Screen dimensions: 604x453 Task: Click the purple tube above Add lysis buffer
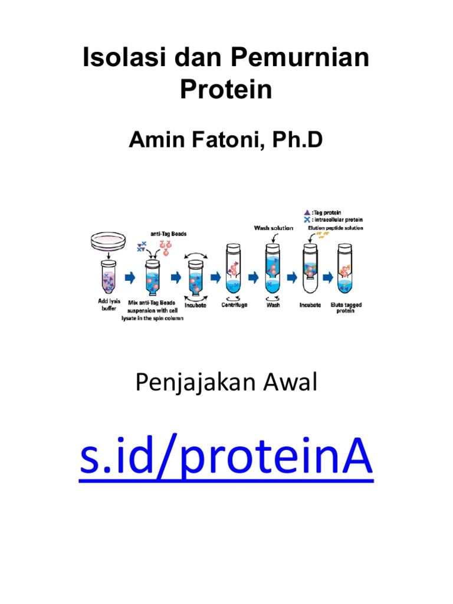point(107,276)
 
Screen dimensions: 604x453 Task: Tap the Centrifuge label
point(235,305)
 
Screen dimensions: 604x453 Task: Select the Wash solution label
point(273,228)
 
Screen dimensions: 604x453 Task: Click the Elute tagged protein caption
point(346,308)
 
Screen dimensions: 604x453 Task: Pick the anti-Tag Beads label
point(168,234)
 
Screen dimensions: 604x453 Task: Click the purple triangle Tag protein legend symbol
point(305,212)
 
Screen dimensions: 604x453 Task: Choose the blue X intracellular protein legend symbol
point(305,219)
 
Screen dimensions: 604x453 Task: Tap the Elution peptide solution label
point(336,227)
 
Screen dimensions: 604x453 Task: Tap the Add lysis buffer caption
point(107,304)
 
